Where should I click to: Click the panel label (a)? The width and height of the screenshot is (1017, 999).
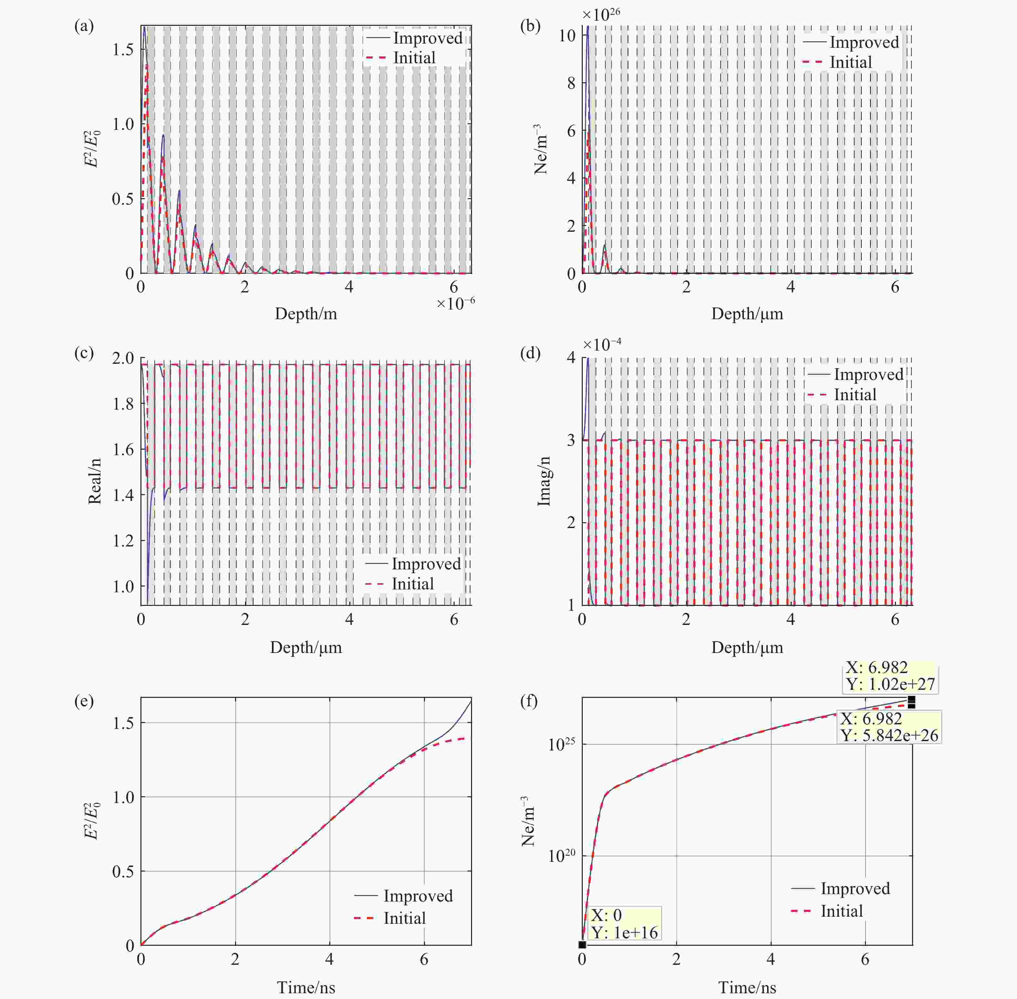click(84, 26)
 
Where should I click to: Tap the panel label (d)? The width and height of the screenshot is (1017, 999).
click(530, 353)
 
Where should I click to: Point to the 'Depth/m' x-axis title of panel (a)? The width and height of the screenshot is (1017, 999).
click(306, 314)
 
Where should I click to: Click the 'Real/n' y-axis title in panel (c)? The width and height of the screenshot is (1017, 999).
click(95, 481)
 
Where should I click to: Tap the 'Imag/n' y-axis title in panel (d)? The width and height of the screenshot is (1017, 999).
click(544, 481)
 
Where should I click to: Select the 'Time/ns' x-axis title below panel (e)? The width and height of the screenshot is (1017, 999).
click(306, 987)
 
